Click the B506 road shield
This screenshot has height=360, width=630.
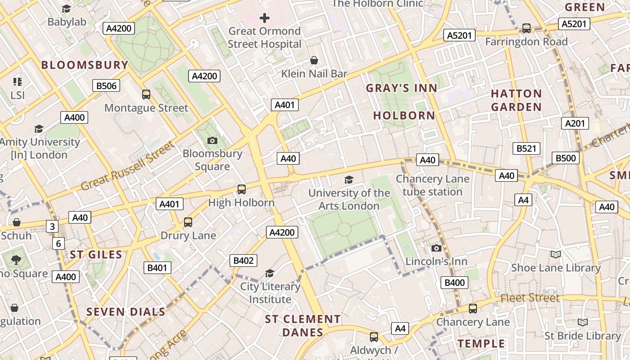pos(106,85)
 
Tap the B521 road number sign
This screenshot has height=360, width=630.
pos(526,148)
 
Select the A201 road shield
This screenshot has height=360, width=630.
pos(575,123)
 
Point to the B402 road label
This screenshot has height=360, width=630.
pos(243,261)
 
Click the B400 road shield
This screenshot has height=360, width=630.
pos(454,283)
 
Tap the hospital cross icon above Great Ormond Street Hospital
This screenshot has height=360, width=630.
pos(265,18)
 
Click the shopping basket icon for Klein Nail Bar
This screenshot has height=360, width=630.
pos(314,60)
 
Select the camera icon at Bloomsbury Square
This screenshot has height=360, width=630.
pos(212,140)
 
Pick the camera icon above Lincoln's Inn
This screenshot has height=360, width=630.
pos(436,248)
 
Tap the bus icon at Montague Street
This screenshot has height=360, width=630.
pos(146,94)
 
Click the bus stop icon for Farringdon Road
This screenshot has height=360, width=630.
pos(526,28)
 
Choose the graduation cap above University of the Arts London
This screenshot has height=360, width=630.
pos(349,180)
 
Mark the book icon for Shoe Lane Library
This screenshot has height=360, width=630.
pos(556,255)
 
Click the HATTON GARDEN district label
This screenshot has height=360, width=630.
pos(516,100)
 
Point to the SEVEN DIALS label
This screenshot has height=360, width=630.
pos(126,312)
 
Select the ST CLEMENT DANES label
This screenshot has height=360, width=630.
pos(302,326)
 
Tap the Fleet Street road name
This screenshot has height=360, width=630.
pos(530,298)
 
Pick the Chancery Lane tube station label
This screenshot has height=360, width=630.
pos(432,185)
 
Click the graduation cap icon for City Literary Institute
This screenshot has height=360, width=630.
pos(270,273)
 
